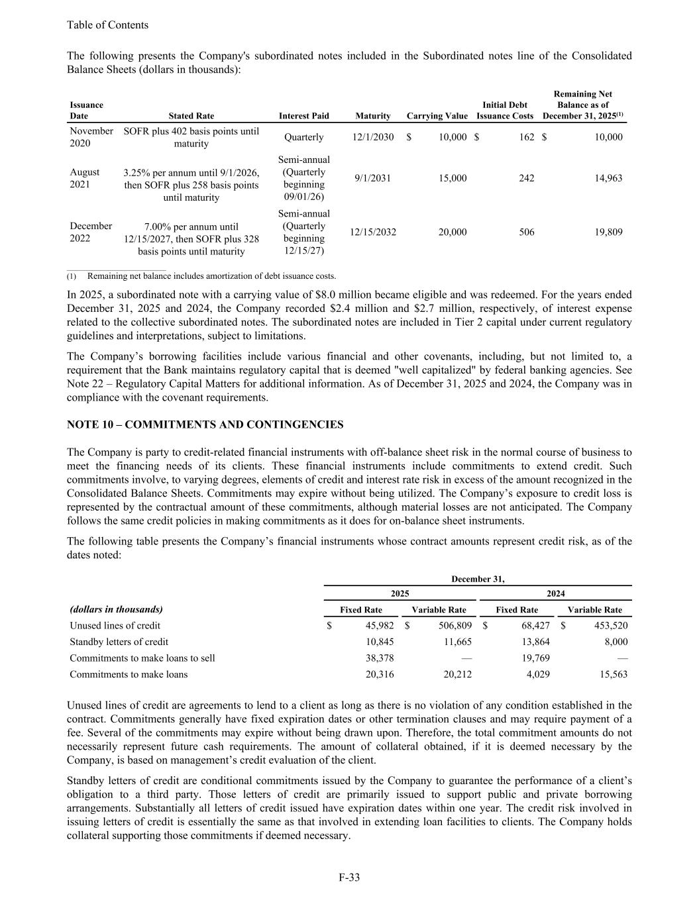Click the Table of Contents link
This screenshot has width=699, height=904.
pos(107,25)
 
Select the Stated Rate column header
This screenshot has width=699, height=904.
pos(191,116)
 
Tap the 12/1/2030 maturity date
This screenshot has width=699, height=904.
pos(373,137)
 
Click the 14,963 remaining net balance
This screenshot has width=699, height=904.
pos(606,178)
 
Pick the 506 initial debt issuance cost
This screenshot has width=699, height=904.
pos(526,232)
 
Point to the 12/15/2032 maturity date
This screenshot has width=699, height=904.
pos(373,232)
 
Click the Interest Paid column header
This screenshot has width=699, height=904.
pos(304,116)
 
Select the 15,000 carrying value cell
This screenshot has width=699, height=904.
pos(453,178)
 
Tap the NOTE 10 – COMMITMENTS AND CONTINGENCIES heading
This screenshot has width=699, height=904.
pos(205,425)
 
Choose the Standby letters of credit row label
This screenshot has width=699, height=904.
pos(119,642)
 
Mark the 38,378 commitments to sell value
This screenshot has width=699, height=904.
pos(380,658)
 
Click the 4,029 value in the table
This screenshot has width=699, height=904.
pos(536,674)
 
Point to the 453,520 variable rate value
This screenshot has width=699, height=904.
pos(610,625)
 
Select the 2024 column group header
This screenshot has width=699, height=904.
pos(555,593)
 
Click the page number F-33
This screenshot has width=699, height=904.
pos(349,878)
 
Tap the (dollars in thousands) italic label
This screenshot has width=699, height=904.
pos(116,609)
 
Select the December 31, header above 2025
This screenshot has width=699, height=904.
pos(478,579)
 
